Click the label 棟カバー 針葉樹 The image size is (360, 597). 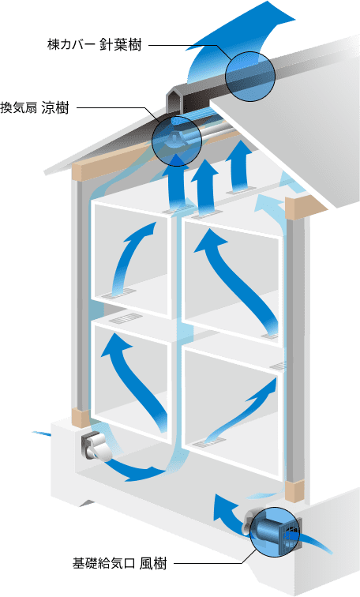click(x=94, y=45)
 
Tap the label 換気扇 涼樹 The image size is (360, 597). click(x=35, y=107)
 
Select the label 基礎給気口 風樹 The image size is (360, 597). click(x=119, y=563)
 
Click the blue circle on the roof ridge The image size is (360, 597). click(x=250, y=77)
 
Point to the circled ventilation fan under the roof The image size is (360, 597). click(x=176, y=141)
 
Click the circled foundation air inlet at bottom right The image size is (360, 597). click(x=276, y=532)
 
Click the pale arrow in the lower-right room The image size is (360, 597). click(x=243, y=413)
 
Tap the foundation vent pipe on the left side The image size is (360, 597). click(x=96, y=447)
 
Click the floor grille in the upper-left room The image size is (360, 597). click(x=118, y=292)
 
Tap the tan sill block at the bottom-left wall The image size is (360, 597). click(x=81, y=418)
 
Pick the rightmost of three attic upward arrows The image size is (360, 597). click(x=240, y=166)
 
